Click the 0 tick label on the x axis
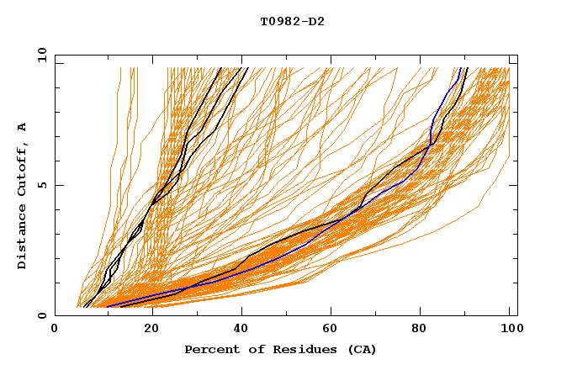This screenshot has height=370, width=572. point(55,330)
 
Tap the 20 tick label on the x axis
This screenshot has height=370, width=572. point(146,330)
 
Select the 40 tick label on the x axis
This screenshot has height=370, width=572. point(236,330)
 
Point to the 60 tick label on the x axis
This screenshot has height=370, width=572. point(327,330)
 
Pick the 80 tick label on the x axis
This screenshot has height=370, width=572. point(418,330)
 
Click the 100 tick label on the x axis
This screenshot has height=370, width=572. point(509,330)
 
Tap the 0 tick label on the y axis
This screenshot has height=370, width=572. point(41,315)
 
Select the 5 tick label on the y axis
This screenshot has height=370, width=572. point(41,185)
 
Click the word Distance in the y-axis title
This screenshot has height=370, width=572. point(23,238)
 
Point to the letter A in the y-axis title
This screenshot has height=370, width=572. point(23,127)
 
